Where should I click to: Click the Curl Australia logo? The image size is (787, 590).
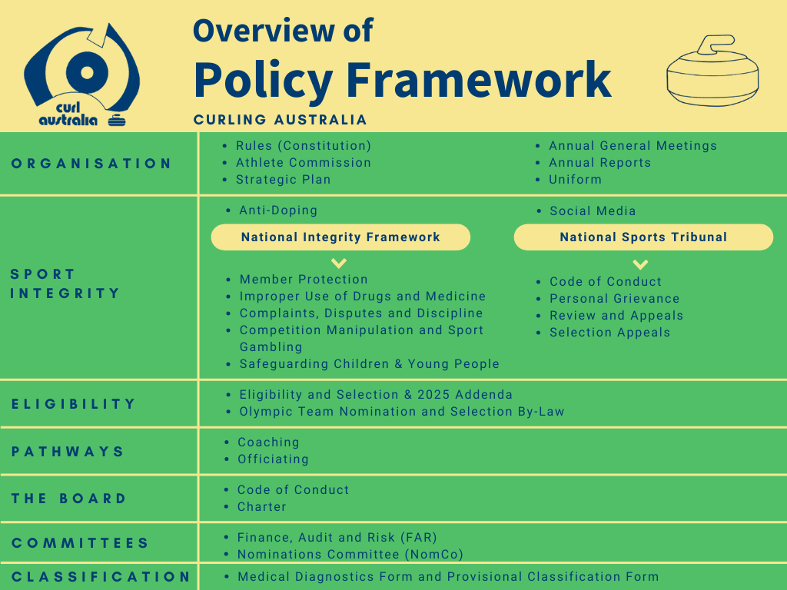point(81,75)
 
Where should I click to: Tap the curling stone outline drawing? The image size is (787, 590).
point(712,70)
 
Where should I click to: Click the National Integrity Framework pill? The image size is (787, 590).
point(340,237)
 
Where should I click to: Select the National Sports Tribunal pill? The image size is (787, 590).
point(643,237)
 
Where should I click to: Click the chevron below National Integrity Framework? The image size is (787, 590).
point(339,263)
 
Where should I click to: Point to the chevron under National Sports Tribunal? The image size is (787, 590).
point(640,264)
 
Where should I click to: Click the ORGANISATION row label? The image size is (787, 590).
point(91,164)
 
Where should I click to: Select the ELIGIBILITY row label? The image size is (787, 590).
point(73,404)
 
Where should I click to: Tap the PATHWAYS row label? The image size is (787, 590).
point(68,452)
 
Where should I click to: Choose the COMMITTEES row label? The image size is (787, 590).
point(80,543)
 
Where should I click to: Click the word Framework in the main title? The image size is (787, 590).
point(479,79)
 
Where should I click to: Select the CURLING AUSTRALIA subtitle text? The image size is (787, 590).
point(280,119)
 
